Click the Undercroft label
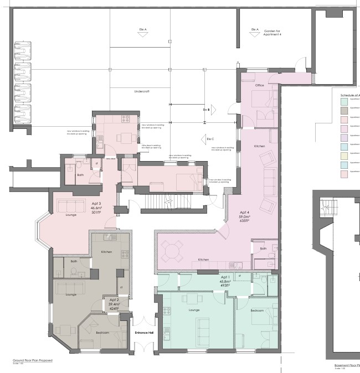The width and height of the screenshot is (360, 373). tap(142, 91)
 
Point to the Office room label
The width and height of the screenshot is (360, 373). tap(259, 86)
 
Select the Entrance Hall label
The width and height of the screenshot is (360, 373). tap(145, 333)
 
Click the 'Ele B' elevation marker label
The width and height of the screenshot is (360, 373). tap(205, 110)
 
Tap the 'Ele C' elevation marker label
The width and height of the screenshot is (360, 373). tap(210, 139)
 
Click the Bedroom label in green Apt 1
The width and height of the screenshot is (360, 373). tap(257, 311)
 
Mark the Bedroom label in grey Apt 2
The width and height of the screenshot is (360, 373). tap(102, 333)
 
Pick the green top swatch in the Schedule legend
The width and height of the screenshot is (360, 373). tap(344, 100)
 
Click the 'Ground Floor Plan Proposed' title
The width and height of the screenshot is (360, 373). tap(33, 360)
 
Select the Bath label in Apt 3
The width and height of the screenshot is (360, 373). tap(80, 174)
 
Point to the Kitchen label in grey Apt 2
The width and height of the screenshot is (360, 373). tap(106, 252)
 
